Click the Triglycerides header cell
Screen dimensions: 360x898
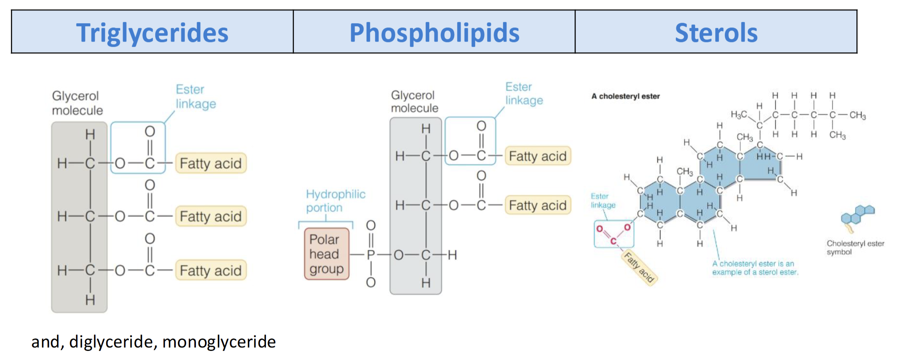[x=152, y=32]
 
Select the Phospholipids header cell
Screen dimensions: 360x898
[x=434, y=32]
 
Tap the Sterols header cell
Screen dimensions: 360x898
[x=716, y=32]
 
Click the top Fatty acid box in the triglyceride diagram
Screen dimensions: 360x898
[x=211, y=163]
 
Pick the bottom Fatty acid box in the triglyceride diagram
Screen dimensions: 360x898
[x=211, y=271]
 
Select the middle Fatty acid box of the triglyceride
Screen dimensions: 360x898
[x=211, y=217]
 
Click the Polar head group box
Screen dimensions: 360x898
[x=326, y=254]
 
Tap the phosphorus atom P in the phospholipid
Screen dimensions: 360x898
[x=371, y=255]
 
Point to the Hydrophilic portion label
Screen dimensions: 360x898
[x=335, y=201]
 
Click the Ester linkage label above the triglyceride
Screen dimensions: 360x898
[x=196, y=97]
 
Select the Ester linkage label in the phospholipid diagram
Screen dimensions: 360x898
[x=524, y=94]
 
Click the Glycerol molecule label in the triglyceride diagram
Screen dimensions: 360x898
[x=77, y=103]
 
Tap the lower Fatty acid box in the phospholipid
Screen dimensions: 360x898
[x=537, y=206]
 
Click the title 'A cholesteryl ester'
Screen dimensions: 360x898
[x=625, y=96]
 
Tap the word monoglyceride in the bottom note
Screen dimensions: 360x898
[x=219, y=342]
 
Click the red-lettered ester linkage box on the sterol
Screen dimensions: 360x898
[x=614, y=234]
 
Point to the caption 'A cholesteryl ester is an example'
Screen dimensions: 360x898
[x=755, y=268]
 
